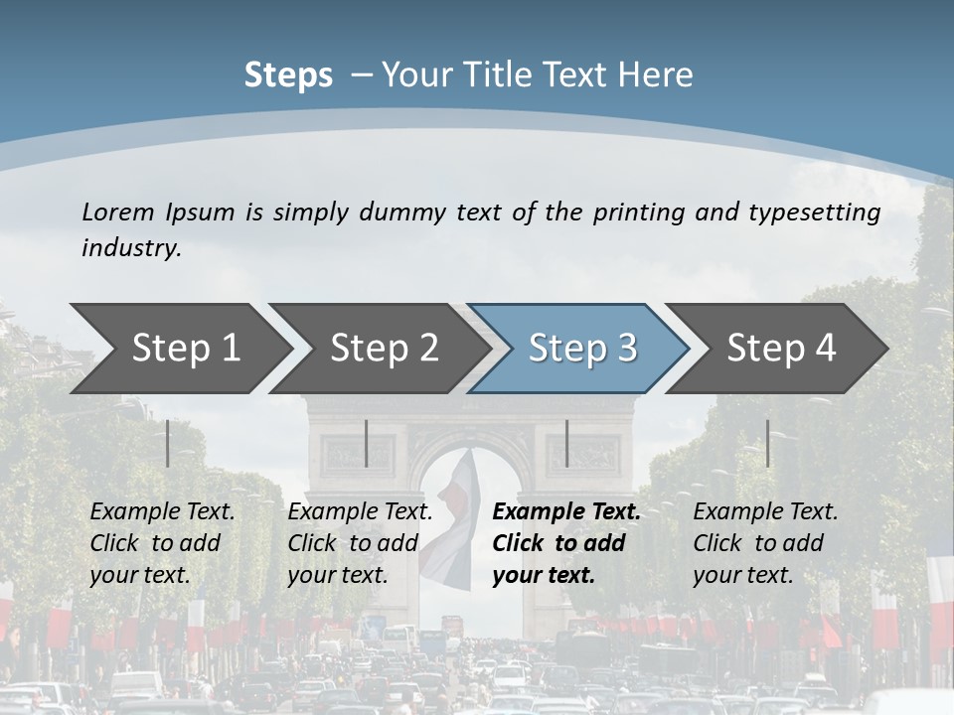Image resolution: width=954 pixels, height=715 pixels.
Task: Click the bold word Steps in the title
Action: pos(288,75)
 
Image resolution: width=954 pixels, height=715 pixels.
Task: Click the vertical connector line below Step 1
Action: pos(168,443)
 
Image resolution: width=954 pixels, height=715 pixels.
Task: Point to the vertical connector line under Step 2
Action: pos(367,443)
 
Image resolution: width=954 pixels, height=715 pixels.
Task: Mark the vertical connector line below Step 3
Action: pos(566,443)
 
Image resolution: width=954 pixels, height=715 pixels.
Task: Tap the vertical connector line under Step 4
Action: pos(767,443)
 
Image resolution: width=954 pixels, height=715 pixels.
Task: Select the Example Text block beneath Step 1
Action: pos(162,543)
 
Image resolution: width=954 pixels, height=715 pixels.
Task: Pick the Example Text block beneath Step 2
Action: pos(360,543)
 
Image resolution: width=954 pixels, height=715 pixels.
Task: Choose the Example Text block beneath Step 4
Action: pos(765,543)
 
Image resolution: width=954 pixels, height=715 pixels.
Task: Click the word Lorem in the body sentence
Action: pos(118,212)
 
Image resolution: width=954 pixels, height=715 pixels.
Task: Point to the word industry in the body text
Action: pos(130,248)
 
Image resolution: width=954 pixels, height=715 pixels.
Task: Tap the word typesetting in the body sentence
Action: pos(814,213)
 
